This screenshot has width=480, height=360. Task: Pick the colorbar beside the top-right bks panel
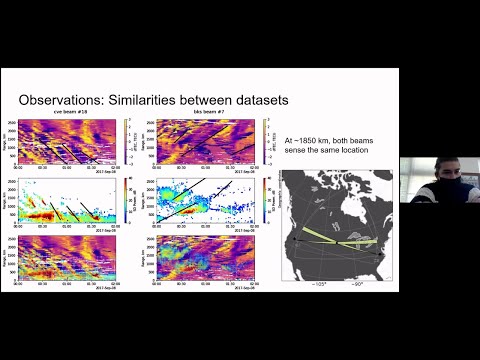[262, 140]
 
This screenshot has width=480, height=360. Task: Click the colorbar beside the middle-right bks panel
[262, 201]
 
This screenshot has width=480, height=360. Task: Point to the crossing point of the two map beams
[339, 240]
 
